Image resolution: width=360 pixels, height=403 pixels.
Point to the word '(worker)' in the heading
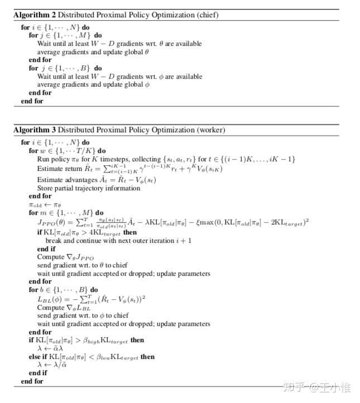tap(208, 130)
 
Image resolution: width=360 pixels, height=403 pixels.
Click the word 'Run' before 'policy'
tap(44, 159)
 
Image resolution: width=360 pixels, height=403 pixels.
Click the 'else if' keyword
tap(39, 357)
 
